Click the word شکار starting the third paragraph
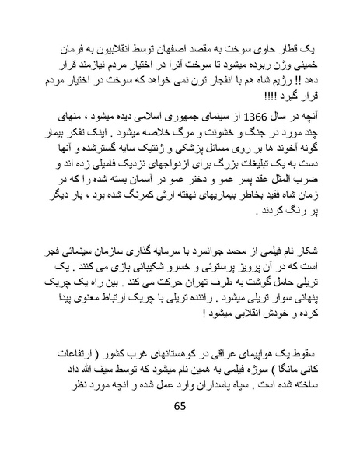point(308,250)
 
